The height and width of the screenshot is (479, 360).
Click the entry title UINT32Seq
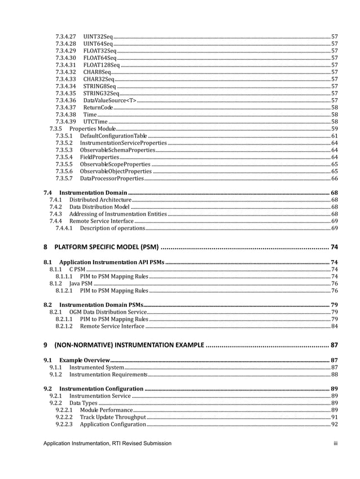98,36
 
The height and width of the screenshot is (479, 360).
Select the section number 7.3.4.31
65,64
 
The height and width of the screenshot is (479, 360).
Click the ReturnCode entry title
98,107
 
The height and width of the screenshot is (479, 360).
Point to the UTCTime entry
95,121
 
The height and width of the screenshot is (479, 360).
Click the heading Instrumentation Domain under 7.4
93,193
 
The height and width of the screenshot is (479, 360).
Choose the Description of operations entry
112,228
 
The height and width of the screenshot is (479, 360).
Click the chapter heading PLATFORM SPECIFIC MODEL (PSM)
107,247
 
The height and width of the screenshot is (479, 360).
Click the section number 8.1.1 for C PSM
55,269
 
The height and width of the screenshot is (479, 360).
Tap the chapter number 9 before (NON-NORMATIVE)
46,345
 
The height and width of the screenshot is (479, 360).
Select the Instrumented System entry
96,367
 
